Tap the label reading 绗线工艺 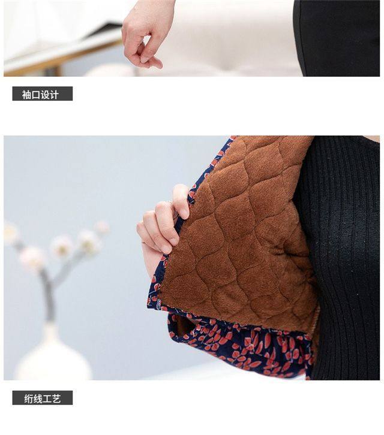pyautogui.click(x=42, y=398)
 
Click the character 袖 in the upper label pyautogui.click(x=26, y=94)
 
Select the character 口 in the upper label pyautogui.click(x=36, y=94)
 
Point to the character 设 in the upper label pyautogui.click(x=45, y=94)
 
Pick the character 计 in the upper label pyautogui.click(x=54, y=94)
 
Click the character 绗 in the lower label pyautogui.click(x=29, y=398)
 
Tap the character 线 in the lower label pyautogui.click(x=38, y=398)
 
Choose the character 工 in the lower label pyautogui.click(x=47, y=398)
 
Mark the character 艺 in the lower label pyautogui.click(x=56, y=398)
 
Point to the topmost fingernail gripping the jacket pyautogui.click(x=184, y=213)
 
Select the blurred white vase pyautogui.click(x=53, y=355)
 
